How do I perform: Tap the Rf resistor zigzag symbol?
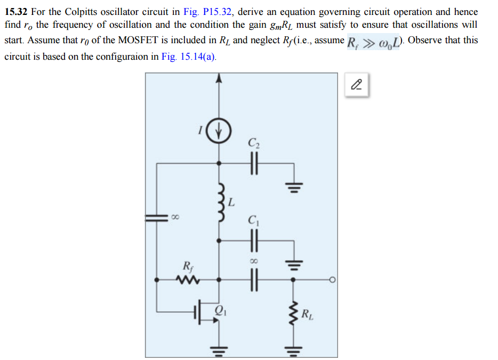189,279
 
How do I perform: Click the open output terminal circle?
332,279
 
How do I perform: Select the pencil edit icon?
357,84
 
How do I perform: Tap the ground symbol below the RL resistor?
292,349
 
